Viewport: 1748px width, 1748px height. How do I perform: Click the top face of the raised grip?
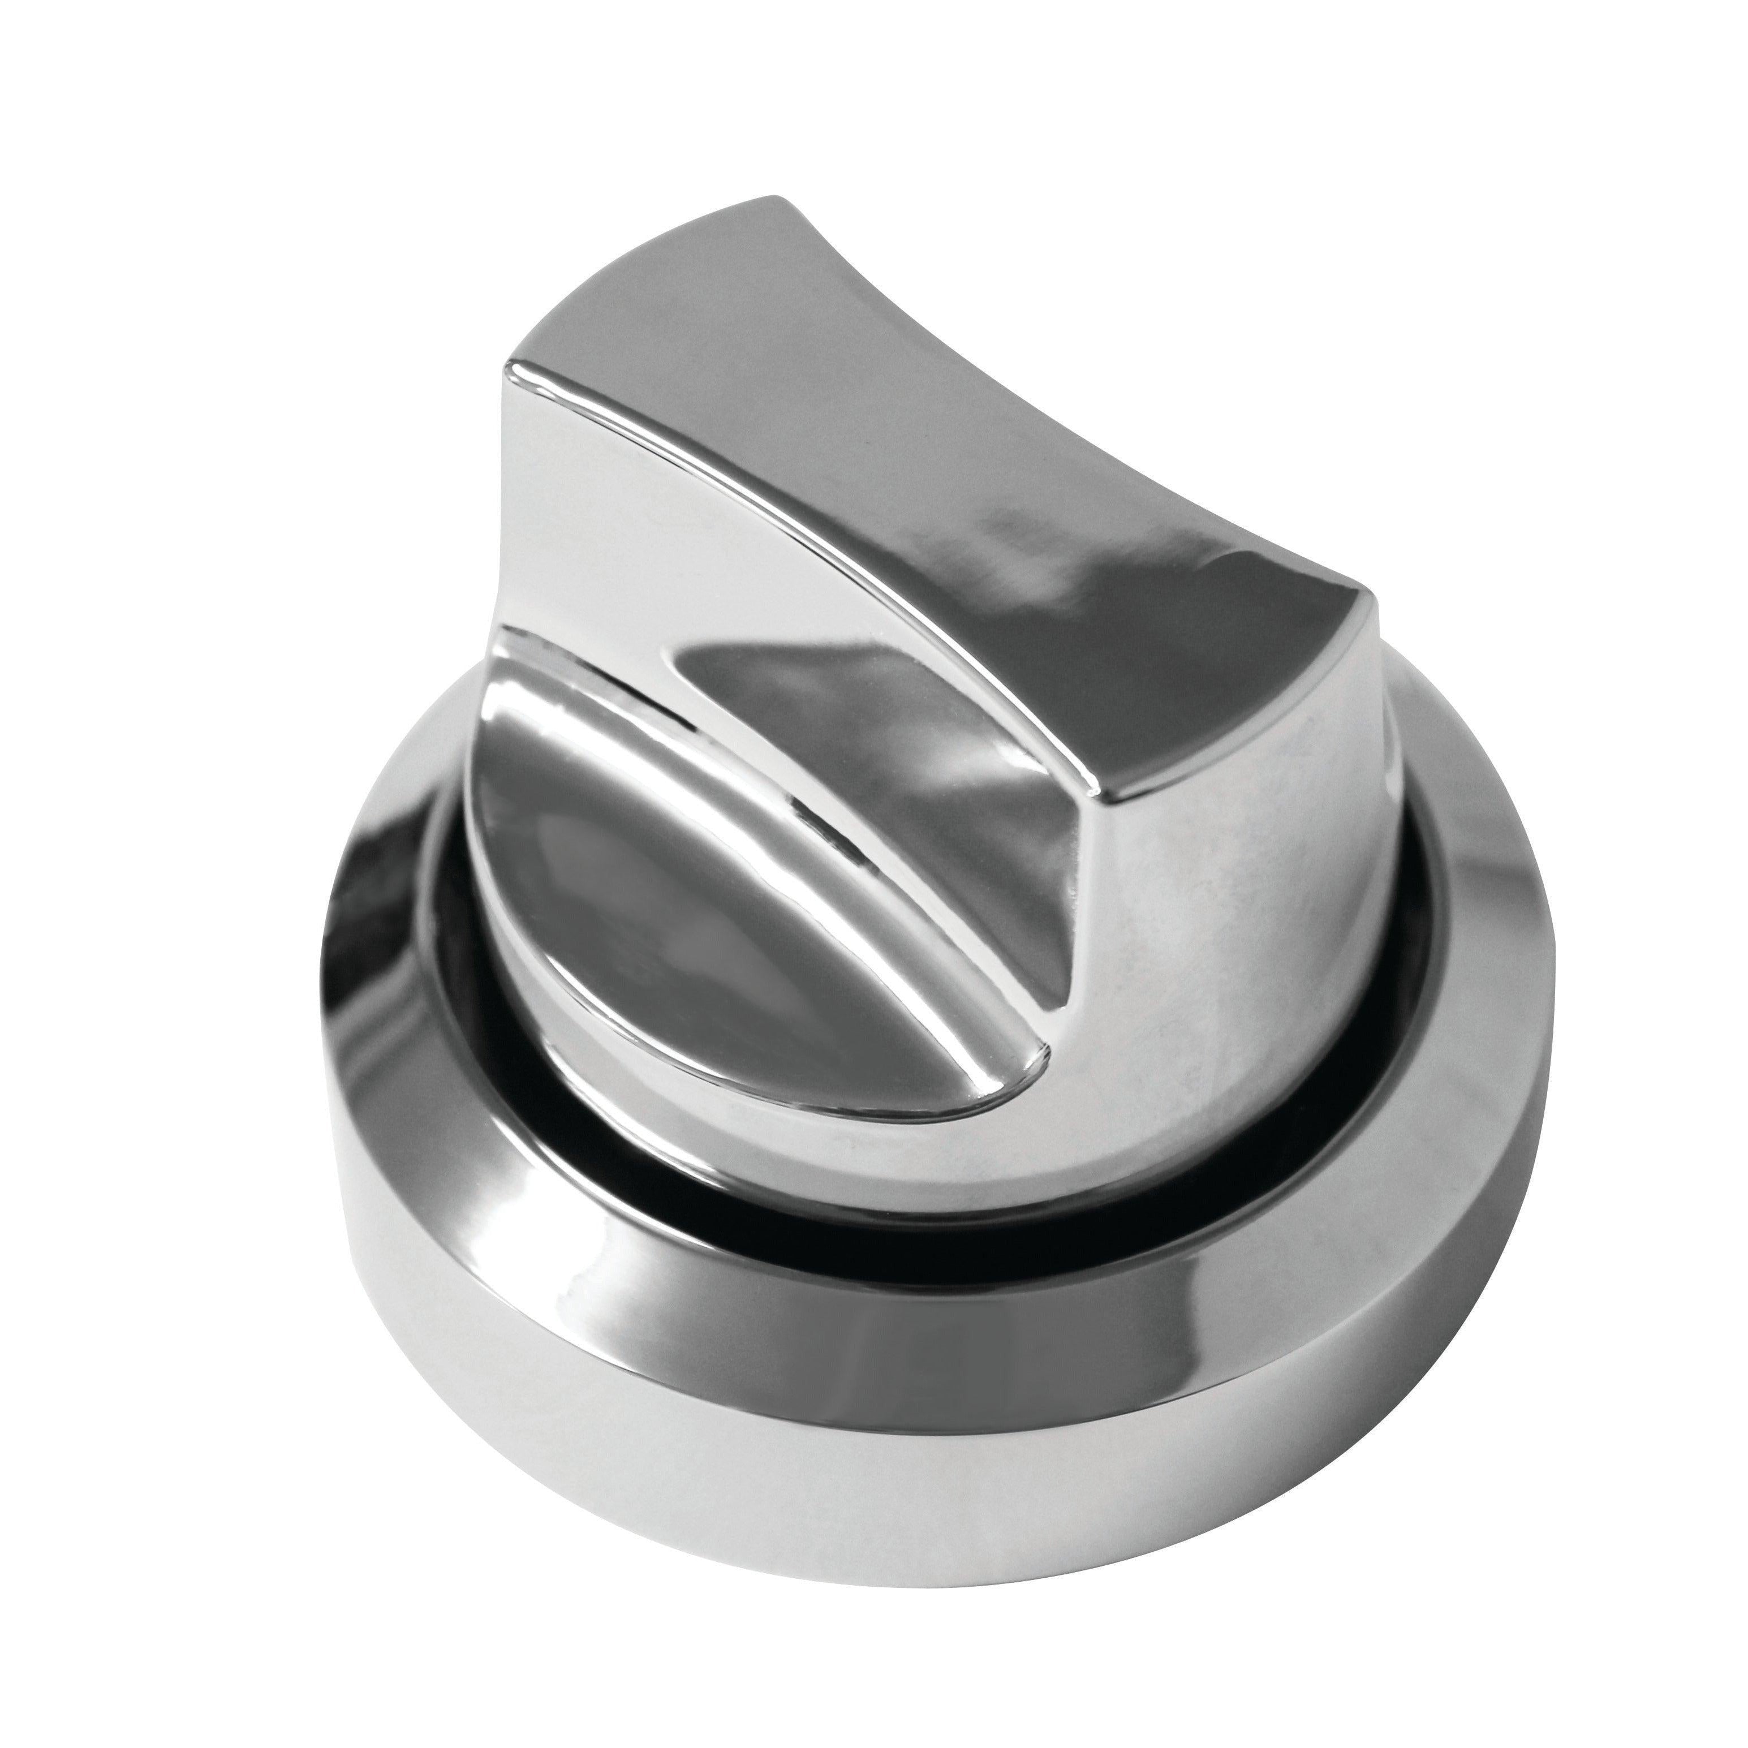click(950, 471)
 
